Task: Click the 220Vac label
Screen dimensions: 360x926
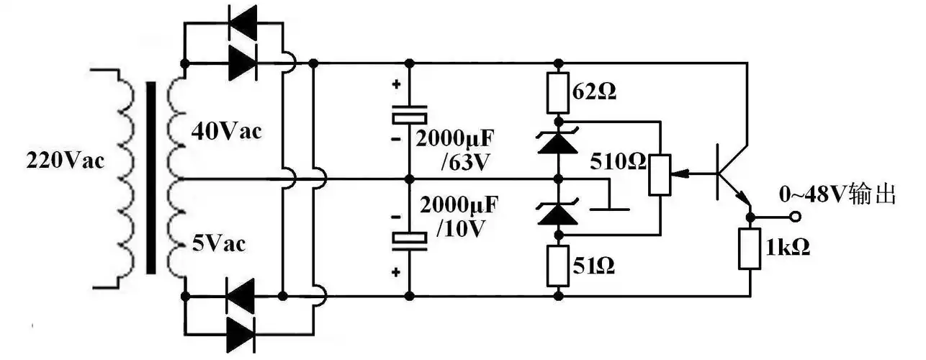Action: click(x=66, y=160)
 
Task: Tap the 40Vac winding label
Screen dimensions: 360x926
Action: click(x=227, y=132)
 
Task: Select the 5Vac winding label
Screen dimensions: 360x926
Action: click(x=219, y=244)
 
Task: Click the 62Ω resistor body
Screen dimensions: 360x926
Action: click(x=558, y=92)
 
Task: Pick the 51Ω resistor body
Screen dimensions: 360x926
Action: click(x=558, y=266)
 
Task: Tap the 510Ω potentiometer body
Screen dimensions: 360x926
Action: click(x=659, y=174)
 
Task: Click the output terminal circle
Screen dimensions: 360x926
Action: click(x=796, y=216)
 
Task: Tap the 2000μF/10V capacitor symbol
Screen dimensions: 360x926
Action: click(x=408, y=240)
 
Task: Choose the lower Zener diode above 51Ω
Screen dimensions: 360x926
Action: click(x=558, y=213)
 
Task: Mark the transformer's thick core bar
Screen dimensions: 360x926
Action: click(x=151, y=177)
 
